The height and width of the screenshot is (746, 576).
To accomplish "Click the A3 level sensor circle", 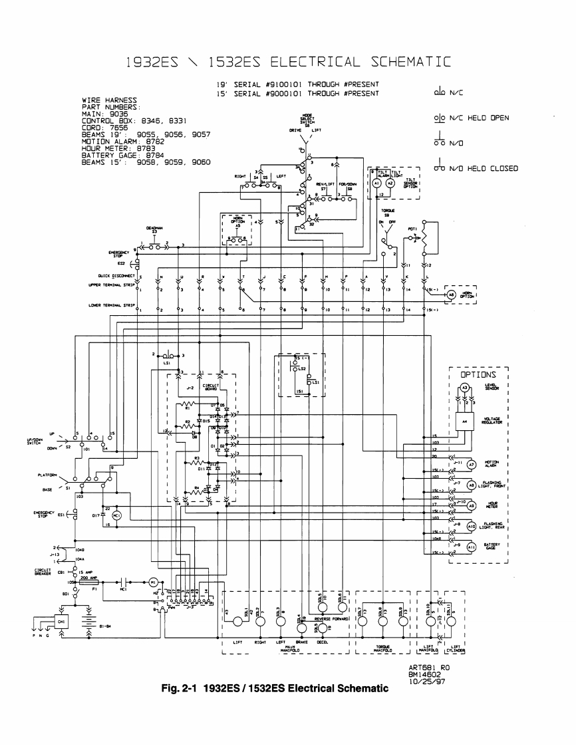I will pos(466,388).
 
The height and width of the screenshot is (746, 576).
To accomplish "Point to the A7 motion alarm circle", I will pos(471,464).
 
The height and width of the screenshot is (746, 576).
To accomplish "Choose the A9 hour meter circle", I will pos(471,506).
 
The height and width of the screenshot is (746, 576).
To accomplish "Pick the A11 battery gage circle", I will pos(471,547).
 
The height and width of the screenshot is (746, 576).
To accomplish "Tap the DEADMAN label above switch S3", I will pos(151,227).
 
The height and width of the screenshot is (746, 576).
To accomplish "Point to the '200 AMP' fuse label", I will pos(88,578).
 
